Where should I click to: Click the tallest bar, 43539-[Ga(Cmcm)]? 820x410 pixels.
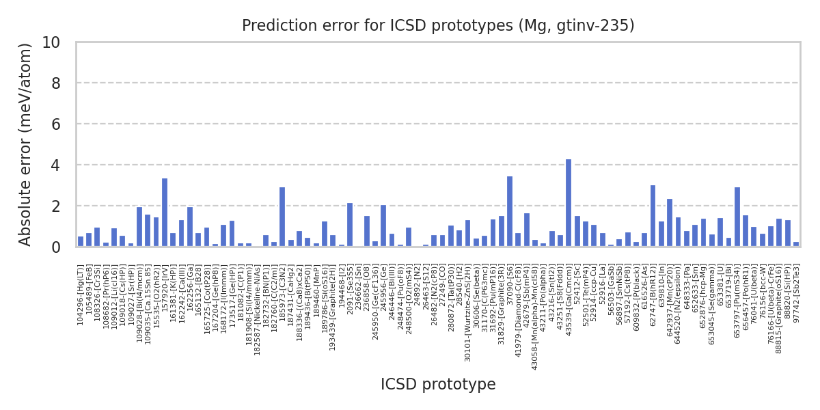click(569, 203)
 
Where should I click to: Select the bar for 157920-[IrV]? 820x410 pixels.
click(165, 213)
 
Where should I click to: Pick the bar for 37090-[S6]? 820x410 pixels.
click(510, 211)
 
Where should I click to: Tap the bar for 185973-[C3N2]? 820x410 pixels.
click(282, 217)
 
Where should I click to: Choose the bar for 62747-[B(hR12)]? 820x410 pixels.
click(653, 216)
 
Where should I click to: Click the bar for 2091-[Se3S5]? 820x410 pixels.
click(350, 225)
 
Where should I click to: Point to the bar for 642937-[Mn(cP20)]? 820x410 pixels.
click(670, 223)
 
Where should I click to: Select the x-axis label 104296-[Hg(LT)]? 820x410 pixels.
click(81, 295)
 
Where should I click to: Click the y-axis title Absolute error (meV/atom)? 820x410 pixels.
click(26, 144)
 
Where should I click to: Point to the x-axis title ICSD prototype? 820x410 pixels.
click(438, 385)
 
